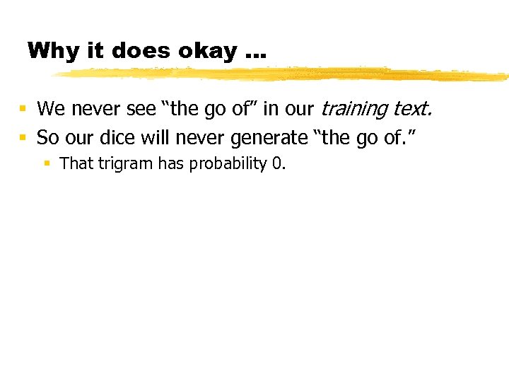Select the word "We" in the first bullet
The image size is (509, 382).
[49, 109]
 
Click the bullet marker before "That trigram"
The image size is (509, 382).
[47, 164]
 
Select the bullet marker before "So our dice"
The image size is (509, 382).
[23, 137]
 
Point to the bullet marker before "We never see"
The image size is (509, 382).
[23, 110]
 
